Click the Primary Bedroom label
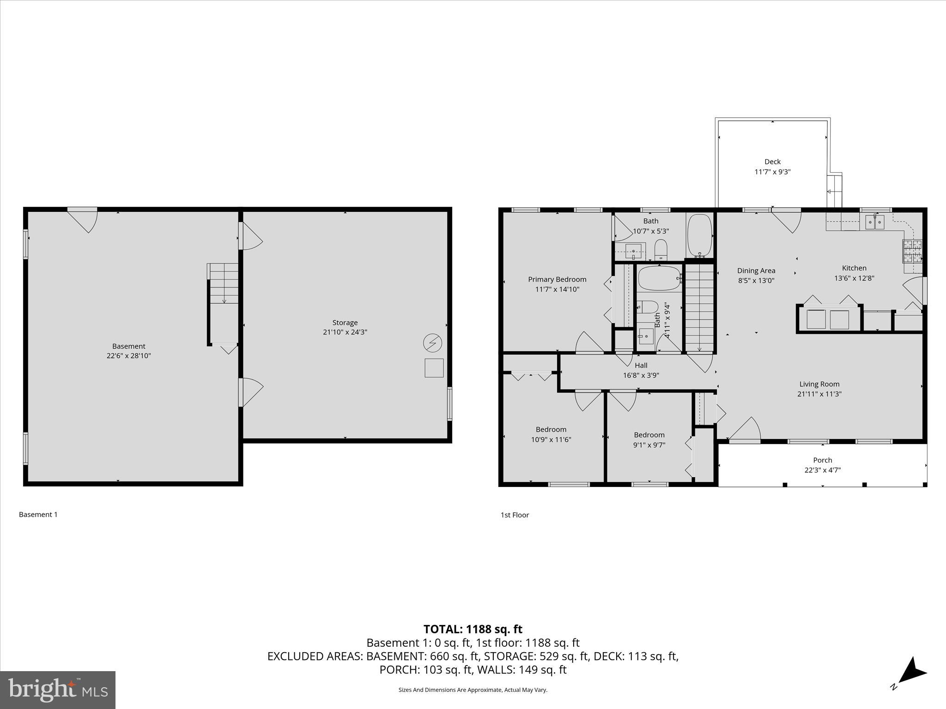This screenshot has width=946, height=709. tap(557, 279)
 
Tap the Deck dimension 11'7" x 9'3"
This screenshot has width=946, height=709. tap(772, 172)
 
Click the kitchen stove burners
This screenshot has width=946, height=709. tap(912, 251)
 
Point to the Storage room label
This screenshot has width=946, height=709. tap(345, 323)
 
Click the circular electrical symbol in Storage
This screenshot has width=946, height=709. tap(432, 343)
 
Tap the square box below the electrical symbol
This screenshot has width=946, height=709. tap(434, 368)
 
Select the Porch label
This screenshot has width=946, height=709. tap(822, 460)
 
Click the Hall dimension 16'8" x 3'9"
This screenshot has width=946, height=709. tap(641, 375)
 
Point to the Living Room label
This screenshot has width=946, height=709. tap(819, 384)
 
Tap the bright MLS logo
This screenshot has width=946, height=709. tap(58, 690)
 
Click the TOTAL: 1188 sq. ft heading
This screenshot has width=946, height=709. tap(473, 629)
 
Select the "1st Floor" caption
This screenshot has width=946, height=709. tap(515, 515)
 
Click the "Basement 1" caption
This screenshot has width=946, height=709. tap(38, 514)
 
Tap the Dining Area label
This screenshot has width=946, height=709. tap(756, 270)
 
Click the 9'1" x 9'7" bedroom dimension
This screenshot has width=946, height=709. tap(649, 445)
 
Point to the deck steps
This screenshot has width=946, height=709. tap(834, 191)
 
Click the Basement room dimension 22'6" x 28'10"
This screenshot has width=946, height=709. tap(128, 356)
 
